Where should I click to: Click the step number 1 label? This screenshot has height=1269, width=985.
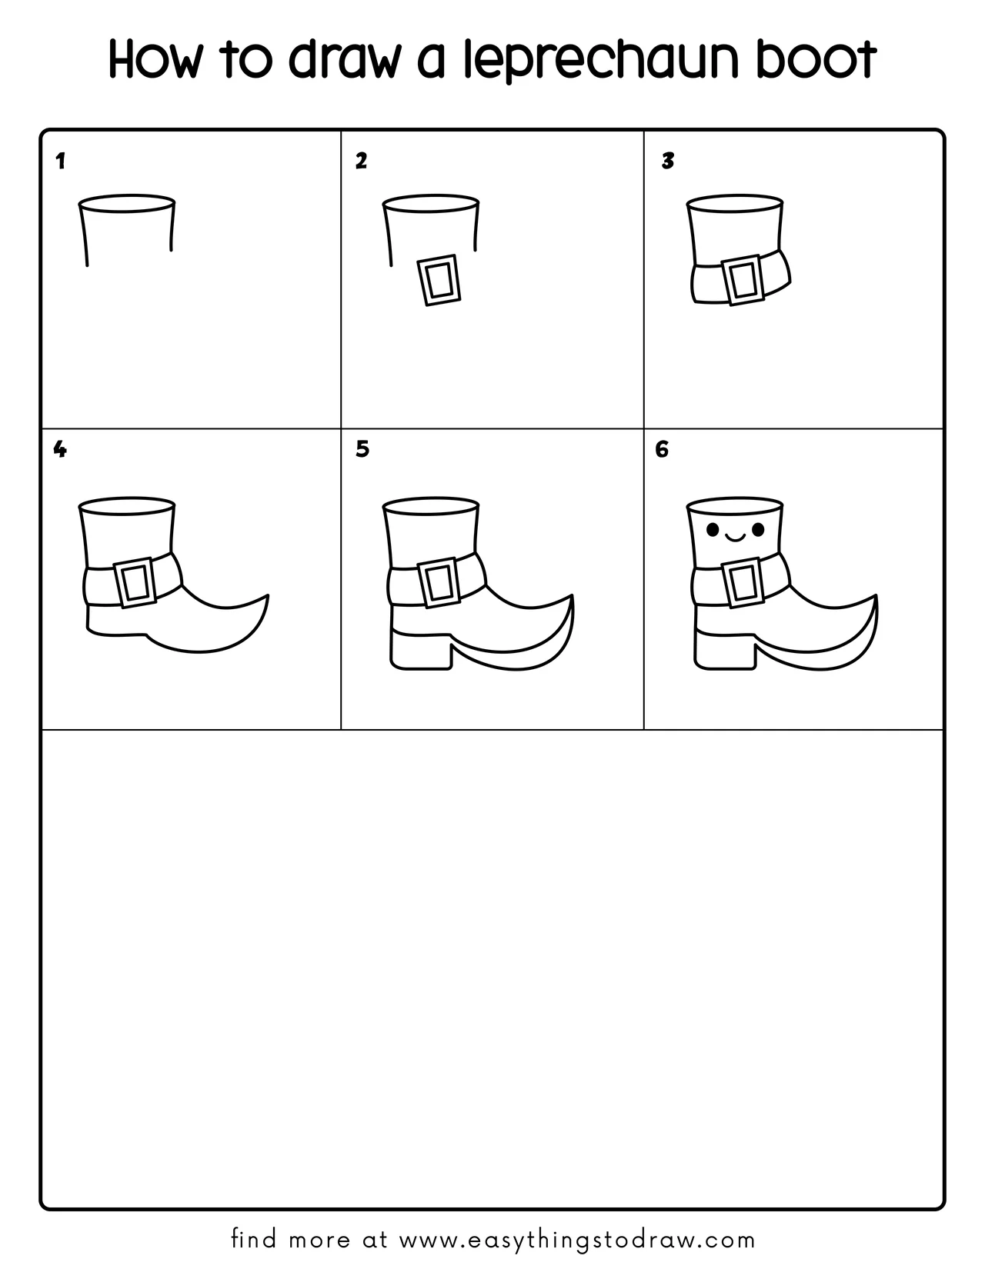pos(60,162)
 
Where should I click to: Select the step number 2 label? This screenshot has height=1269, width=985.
pos(361,161)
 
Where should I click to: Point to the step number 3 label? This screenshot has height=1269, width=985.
pos(668,161)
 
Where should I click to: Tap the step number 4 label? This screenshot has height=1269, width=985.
pos(60,449)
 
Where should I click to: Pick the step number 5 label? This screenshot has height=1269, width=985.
pos(362,449)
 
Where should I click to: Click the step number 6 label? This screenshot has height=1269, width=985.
pos(662,449)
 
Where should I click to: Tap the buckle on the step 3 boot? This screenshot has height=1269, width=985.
pos(742,281)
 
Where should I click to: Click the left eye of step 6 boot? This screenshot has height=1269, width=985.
pos(712,529)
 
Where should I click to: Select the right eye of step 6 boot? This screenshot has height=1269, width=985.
pos(758,529)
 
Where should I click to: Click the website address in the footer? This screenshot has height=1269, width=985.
pos(578,1240)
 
